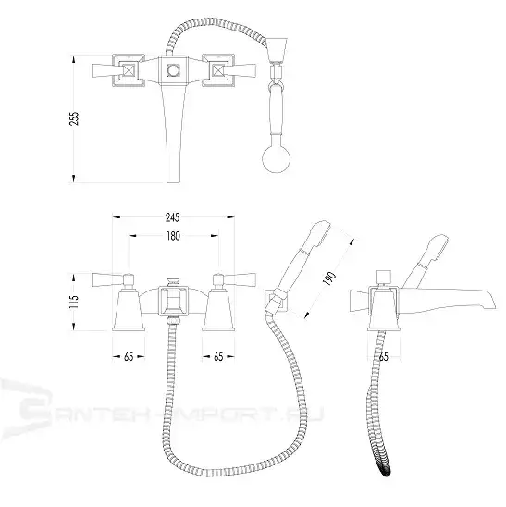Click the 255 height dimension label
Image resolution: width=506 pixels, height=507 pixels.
coord(75,118)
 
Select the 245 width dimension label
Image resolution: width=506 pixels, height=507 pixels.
coord(173,217)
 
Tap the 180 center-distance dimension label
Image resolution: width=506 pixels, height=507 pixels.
coord(173,236)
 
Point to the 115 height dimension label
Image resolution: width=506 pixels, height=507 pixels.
coord(74,302)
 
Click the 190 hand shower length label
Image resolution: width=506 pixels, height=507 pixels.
coord(329,278)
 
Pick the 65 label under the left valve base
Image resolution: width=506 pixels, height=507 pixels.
coord(129,356)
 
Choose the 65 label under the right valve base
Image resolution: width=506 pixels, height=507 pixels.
coord(218,356)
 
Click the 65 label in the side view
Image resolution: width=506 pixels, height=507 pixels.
coord(384,356)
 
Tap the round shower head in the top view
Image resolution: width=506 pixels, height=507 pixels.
coord(276,159)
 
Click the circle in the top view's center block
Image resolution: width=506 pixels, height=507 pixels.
coord(173,70)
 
